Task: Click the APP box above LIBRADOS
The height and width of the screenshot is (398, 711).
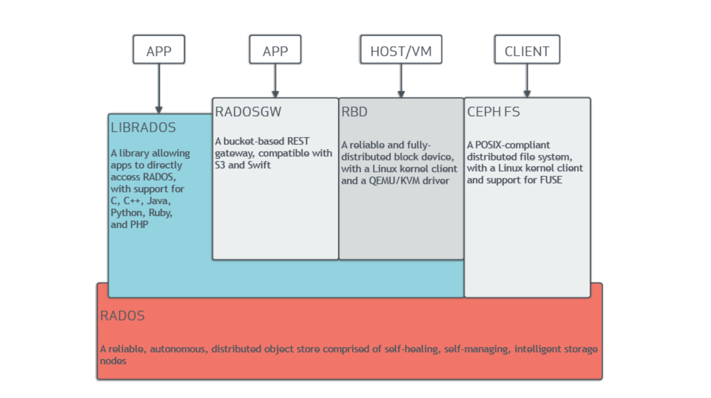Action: coord(158,50)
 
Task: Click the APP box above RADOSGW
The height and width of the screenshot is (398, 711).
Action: coord(275,50)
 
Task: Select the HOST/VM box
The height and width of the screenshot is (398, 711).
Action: coord(401,50)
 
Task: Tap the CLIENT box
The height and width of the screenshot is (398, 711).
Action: coord(527,50)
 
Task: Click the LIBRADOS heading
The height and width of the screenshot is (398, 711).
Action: coord(143,128)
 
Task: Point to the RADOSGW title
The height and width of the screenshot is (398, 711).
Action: coord(248,112)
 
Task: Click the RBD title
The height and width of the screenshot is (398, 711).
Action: coord(354,112)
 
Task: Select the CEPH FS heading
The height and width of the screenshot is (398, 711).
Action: coord(493,112)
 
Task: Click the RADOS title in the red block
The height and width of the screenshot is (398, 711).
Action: coord(122,316)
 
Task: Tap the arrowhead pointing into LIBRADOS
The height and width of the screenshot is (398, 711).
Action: coord(158,110)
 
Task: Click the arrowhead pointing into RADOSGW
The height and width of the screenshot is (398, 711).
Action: coord(275,94)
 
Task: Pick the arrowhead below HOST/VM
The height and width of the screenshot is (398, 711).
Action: coord(401,94)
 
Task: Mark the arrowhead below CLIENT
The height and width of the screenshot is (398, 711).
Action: coord(527,94)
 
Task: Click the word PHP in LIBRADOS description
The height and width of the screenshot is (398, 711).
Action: coord(139,224)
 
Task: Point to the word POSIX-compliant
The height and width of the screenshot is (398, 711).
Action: coord(512,145)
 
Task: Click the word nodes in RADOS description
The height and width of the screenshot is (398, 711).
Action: coord(113,361)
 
